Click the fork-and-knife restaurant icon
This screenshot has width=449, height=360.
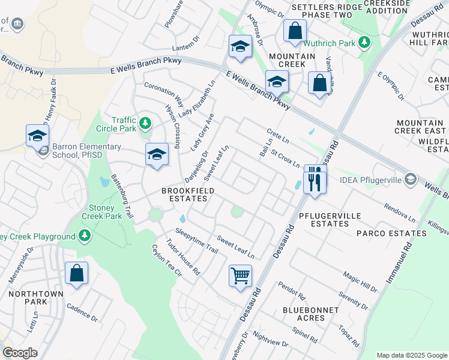(315, 178)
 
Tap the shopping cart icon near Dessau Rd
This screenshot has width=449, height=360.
(240, 276)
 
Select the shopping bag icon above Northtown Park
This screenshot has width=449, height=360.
(77, 274)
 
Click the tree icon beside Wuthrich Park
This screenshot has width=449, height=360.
(363, 42)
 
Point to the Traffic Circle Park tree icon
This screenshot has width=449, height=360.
(145, 124)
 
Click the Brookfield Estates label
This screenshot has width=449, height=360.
(188, 196)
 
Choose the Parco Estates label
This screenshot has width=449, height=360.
(384, 233)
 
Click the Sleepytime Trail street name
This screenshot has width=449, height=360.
(196, 240)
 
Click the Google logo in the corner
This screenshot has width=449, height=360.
(20, 353)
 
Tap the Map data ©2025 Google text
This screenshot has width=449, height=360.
(411, 355)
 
